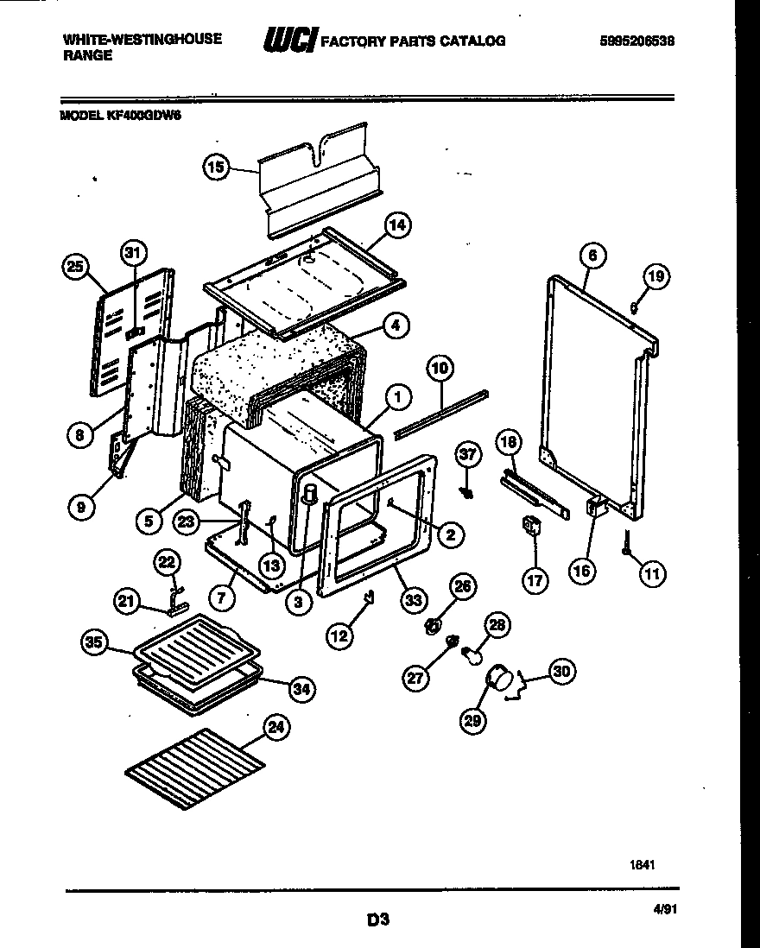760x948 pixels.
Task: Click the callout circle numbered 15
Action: pos(217,167)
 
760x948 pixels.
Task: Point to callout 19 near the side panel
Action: pos(655,277)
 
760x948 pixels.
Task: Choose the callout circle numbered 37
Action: pos(467,454)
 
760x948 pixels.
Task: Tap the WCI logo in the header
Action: pos(291,41)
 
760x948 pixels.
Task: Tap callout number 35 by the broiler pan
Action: pos(95,641)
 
